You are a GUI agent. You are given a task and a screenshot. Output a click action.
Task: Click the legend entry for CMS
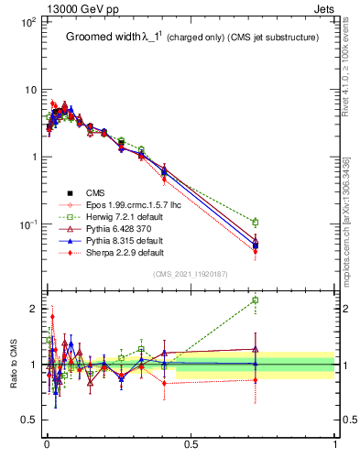point(95,192)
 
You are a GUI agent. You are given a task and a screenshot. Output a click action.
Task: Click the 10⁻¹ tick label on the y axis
point(26,224)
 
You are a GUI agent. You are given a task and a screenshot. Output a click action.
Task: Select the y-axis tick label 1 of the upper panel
point(31,157)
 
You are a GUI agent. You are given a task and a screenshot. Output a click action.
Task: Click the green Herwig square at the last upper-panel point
point(255,222)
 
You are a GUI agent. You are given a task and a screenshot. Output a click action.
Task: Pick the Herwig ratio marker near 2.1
point(255,300)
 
